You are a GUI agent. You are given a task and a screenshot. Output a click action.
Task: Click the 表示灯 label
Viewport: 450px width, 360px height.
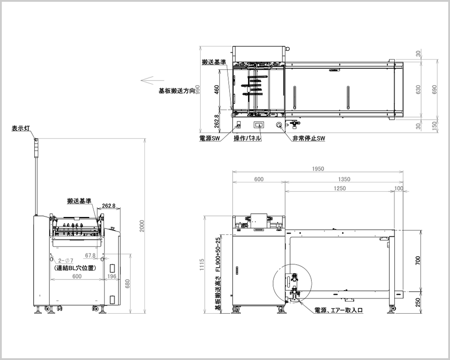(x=20, y=129)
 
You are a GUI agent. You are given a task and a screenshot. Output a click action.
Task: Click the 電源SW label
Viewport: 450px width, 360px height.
(x=210, y=139)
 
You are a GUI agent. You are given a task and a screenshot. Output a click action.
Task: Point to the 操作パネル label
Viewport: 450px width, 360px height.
(x=247, y=139)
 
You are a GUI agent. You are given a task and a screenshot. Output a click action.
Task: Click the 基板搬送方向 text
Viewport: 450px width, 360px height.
(x=176, y=90)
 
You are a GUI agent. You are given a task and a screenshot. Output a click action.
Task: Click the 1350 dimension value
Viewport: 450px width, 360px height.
(x=343, y=179)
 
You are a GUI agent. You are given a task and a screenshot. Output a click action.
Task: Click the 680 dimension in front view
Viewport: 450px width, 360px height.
(x=128, y=284)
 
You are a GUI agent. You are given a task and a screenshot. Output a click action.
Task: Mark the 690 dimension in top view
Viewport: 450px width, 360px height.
(x=434, y=89)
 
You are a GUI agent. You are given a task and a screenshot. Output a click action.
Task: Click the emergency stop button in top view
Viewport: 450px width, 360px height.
(x=279, y=125)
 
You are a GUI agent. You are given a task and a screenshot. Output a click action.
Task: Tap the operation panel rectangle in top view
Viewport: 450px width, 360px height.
(x=260, y=125)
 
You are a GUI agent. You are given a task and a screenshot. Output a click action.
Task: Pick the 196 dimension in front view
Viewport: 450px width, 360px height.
(x=111, y=276)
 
